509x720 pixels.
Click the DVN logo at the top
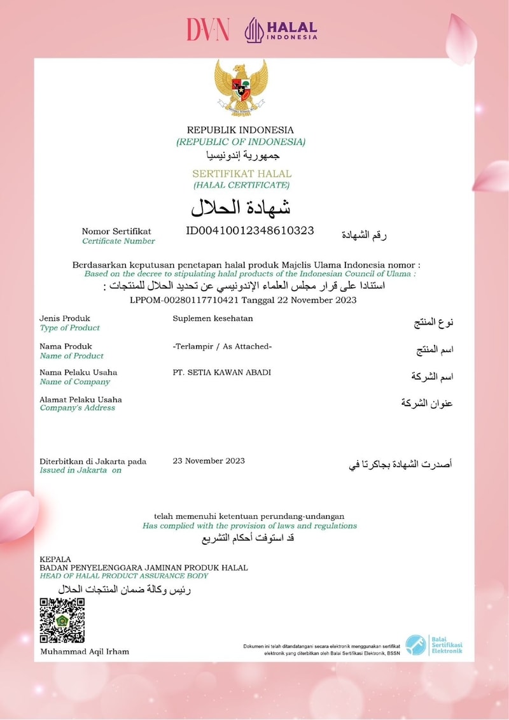point(207,29)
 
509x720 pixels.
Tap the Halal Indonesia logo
point(281,30)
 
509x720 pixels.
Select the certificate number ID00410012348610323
point(250,230)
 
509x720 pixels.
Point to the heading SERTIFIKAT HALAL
point(242,173)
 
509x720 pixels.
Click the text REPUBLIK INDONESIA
point(241,130)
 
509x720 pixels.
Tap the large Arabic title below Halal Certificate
point(241,207)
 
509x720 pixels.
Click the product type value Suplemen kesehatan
point(213,318)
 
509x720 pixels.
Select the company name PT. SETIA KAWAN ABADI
point(222,372)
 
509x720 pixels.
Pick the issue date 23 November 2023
point(209,461)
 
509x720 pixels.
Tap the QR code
point(62,620)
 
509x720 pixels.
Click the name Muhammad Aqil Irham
point(85,651)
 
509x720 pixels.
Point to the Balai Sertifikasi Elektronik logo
point(434,644)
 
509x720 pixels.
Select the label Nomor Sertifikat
point(116,231)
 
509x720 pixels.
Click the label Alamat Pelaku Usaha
point(81,400)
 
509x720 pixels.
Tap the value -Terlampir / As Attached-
point(223,346)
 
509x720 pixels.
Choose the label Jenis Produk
point(65,318)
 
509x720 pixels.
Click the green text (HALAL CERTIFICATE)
point(241,185)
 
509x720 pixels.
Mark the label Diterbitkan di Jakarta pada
point(93,462)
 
